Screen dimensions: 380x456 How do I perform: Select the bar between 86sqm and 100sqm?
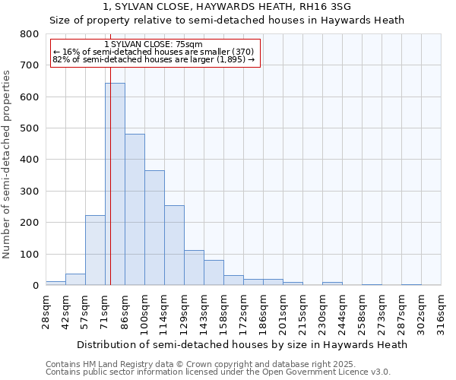[135, 210]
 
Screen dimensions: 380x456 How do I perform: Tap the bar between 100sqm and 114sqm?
[154, 228]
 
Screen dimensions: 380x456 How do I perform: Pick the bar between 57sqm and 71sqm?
[95, 250]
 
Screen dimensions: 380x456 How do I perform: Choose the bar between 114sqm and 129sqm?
[174, 245]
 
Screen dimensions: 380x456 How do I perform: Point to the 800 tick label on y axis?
[29, 34]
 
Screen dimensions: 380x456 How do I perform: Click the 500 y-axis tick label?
[29, 128]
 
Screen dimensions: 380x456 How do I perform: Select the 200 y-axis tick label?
[29, 223]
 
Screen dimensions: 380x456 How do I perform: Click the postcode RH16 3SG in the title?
[336, 7]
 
